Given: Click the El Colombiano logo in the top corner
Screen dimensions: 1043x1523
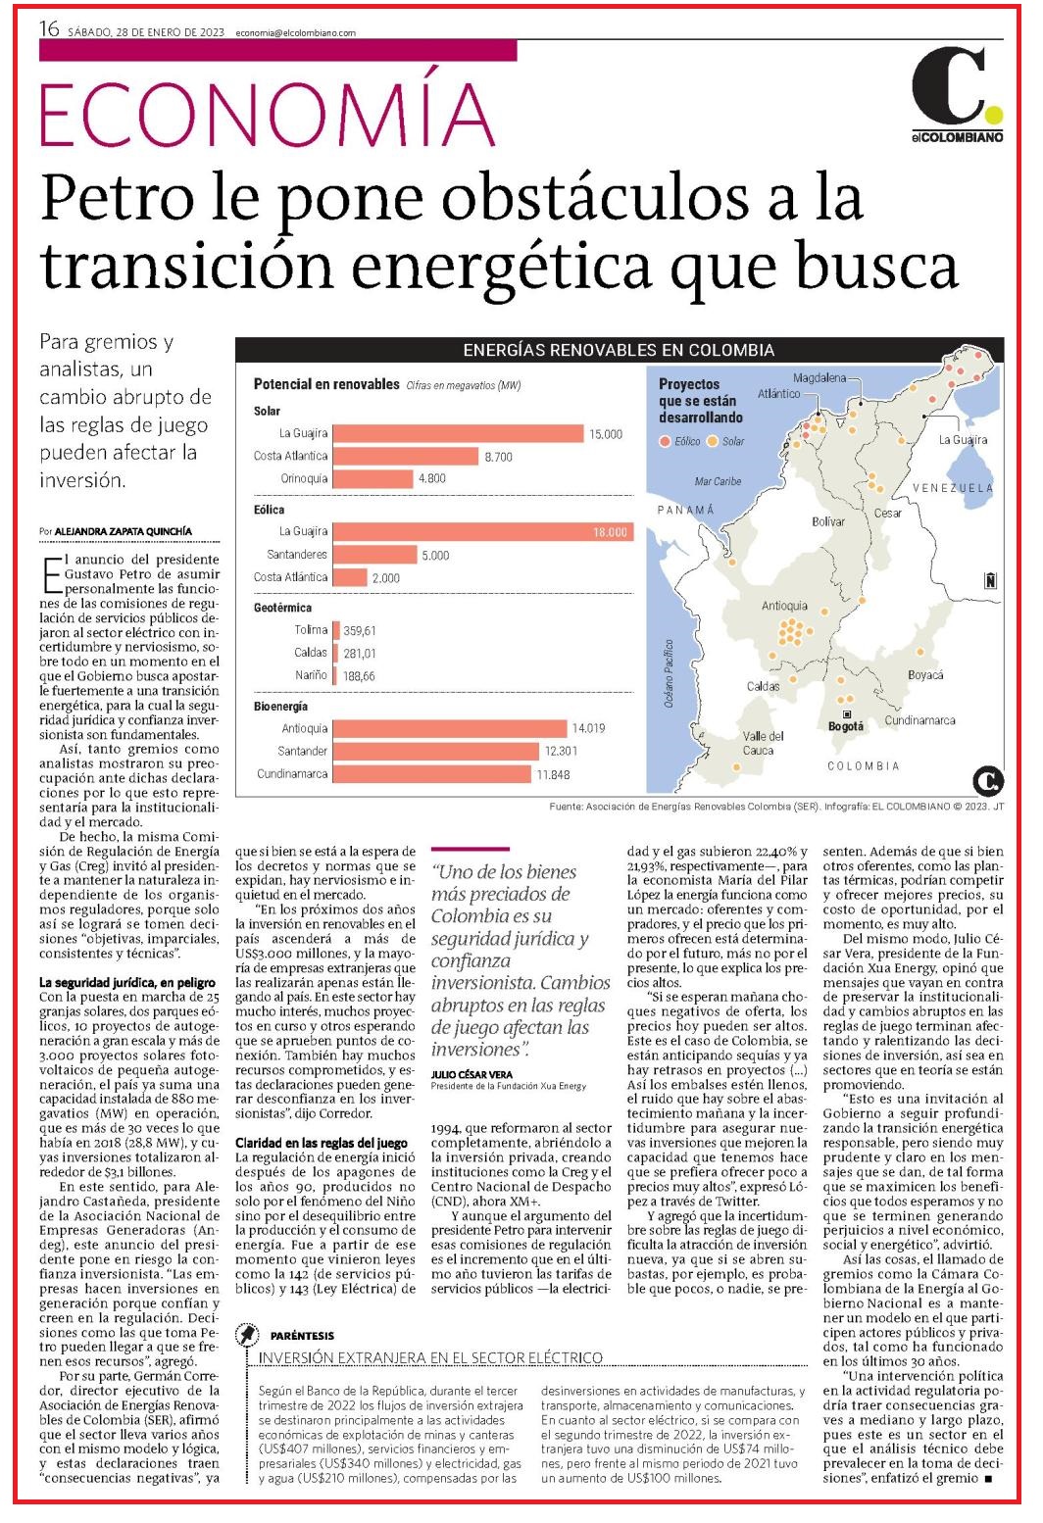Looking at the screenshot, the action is (x=958, y=94).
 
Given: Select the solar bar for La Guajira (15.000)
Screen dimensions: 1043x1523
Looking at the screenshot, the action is (x=458, y=433).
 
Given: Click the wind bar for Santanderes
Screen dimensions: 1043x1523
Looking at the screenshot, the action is (x=374, y=555).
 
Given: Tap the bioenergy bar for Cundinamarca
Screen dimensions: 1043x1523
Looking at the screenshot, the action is (x=431, y=773).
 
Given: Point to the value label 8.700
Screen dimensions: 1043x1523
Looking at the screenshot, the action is (x=498, y=457).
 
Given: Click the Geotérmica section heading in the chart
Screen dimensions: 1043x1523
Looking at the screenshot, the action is (x=282, y=608).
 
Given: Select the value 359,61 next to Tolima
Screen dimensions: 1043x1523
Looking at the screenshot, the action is (x=359, y=631).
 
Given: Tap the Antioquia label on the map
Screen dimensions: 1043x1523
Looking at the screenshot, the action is (x=784, y=606).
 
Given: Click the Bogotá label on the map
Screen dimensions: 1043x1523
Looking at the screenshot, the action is (x=846, y=727).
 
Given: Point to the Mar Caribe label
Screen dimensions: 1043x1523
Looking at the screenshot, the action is (x=718, y=481).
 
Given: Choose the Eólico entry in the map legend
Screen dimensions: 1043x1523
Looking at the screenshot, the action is (x=680, y=441).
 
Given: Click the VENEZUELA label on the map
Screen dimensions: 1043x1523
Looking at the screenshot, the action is (x=953, y=487).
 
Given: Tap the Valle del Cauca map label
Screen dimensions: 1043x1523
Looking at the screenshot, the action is (x=763, y=743).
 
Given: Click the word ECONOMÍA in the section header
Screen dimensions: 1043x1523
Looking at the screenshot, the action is (x=268, y=114).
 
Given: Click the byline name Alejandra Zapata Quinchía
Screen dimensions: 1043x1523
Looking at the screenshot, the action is (x=124, y=531).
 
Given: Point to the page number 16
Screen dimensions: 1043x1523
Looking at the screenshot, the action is (x=49, y=28).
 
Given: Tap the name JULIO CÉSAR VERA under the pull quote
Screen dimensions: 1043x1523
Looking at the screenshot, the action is (x=472, y=1074).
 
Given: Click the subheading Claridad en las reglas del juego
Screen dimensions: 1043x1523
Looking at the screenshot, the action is (x=322, y=1143).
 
